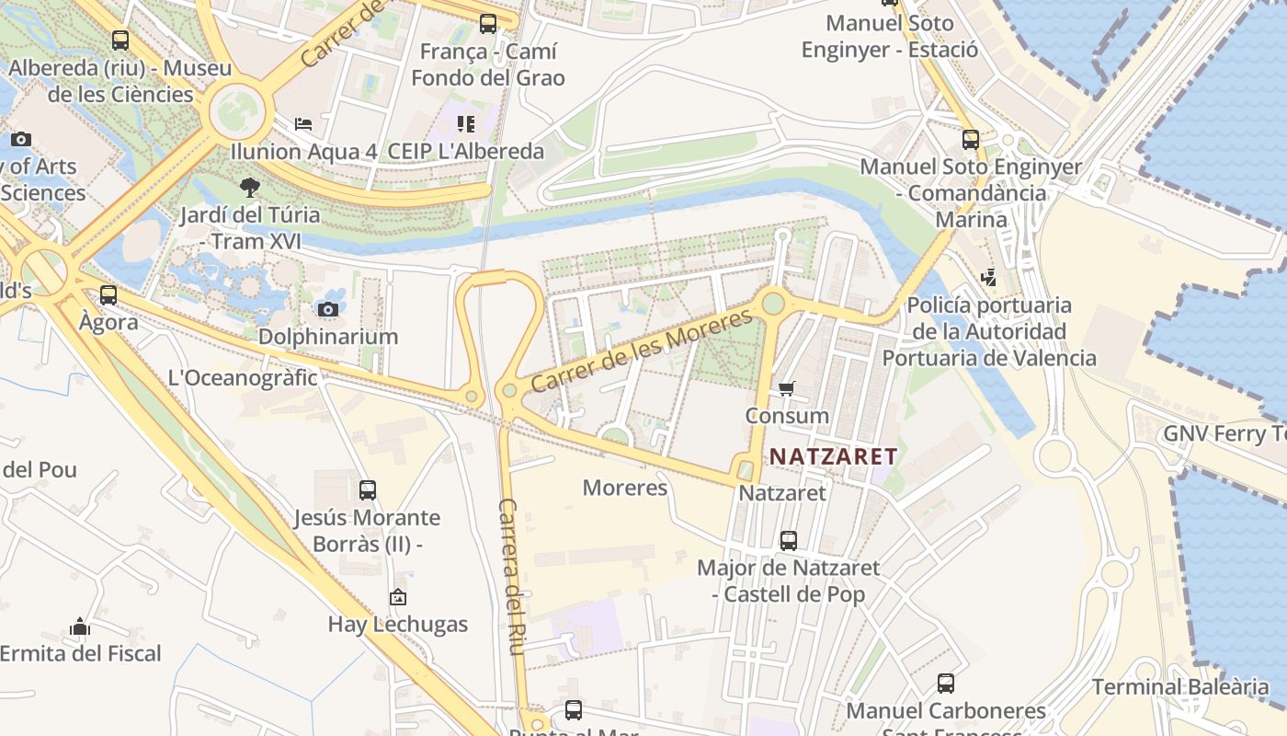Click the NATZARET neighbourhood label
833,455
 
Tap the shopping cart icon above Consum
786,388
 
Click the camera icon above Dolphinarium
328,309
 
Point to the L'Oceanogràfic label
243,377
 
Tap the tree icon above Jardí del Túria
249,188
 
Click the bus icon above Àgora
108,295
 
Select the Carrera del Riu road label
510,577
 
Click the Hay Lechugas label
398,624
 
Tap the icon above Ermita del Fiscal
80,627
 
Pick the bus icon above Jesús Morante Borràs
368,490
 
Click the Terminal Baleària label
1180,686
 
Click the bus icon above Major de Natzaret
788,541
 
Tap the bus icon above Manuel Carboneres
946,684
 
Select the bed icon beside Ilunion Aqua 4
303,124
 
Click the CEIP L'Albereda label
466,151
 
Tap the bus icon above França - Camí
488,24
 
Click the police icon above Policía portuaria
988,277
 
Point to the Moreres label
625,487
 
